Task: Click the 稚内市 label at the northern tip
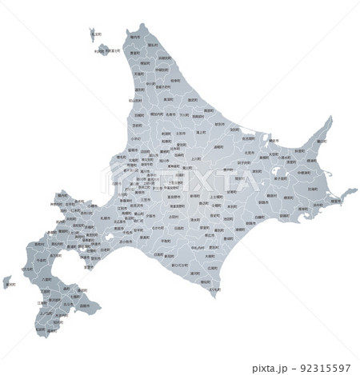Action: click(x=134, y=38)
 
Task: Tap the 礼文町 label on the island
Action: click(x=96, y=35)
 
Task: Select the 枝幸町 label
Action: click(x=189, y=94)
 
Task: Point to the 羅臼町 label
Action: click(x=319, y=141)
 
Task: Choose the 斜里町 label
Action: click(x=298, y=151)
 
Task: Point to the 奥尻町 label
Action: click(x=7, y=281)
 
